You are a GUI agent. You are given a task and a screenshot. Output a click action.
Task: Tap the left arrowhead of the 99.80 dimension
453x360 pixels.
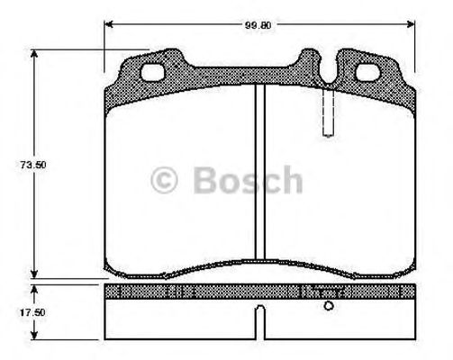tap(109, 25)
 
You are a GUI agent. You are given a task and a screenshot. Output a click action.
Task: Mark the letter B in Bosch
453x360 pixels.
tap(204, 180)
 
